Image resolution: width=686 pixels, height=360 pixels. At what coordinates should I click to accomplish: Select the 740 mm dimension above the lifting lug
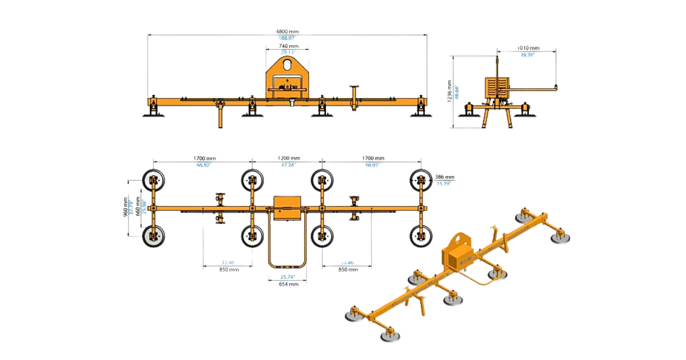tap(288, 46)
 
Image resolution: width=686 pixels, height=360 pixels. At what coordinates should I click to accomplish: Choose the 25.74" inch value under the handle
tap(287, 277)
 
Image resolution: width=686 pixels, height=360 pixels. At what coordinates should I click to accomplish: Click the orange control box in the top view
tap(287, 208)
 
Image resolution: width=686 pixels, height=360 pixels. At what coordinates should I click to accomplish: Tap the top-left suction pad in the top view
tap(153, 181)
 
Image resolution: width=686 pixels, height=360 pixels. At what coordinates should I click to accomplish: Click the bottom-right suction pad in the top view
tap(421, 235)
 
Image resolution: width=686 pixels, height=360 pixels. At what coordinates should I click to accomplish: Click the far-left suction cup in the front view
tap(153, 114)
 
